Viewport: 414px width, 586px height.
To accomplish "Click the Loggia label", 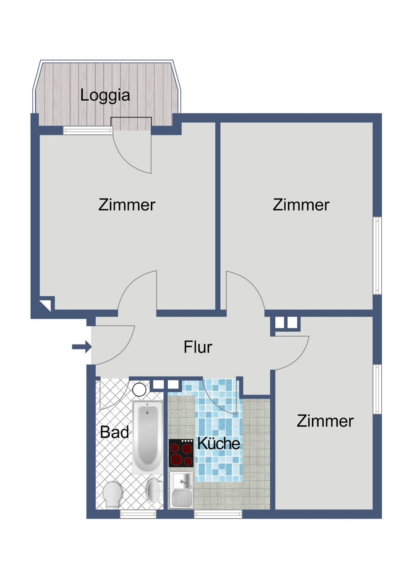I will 105,95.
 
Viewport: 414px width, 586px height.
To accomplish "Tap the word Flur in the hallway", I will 197,347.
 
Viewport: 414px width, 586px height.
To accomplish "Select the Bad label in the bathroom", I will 115,432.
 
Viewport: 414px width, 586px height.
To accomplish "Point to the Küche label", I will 219,444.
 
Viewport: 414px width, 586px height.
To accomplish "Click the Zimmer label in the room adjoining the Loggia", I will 127,205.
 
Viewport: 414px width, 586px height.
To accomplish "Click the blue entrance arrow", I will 82,347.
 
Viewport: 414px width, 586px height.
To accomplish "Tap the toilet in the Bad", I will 112,494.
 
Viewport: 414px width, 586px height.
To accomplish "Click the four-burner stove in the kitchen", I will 181,453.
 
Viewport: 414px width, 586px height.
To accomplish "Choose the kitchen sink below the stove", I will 181,490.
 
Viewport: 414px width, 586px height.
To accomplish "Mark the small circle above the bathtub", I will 139,389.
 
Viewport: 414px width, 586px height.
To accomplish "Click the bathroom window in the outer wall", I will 138,514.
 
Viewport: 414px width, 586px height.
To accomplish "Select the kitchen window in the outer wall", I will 218,514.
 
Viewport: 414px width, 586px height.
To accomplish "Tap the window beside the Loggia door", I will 88,131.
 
